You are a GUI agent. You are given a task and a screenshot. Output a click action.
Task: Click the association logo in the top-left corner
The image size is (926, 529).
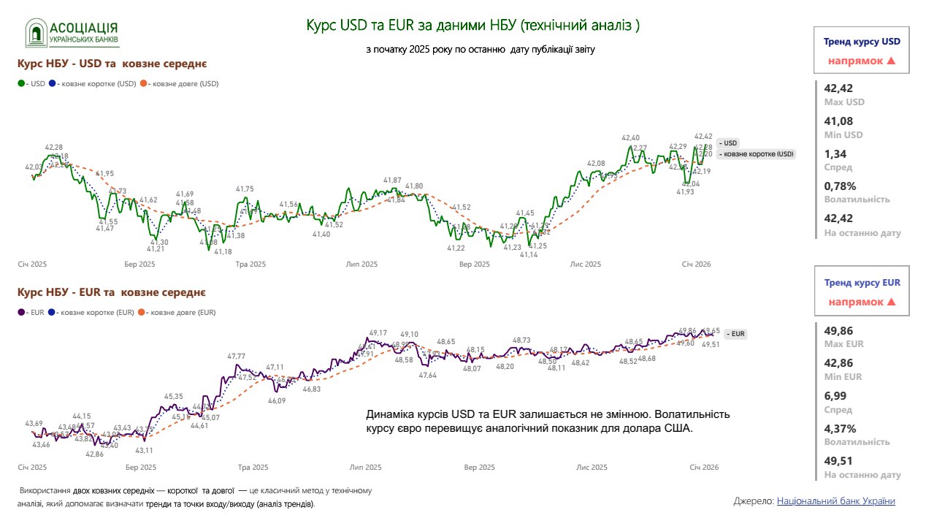point(72,33)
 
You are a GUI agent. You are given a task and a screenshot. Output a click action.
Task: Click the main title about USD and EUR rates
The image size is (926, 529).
point(472,26)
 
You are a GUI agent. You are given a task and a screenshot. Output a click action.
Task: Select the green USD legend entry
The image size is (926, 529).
point(30,83)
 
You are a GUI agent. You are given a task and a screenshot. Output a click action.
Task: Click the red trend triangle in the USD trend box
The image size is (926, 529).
point(890,61)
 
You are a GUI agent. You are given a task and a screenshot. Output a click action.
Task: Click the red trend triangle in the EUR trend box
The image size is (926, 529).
point(890,301)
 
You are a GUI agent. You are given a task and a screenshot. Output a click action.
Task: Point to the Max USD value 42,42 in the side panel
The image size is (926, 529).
point(838,89)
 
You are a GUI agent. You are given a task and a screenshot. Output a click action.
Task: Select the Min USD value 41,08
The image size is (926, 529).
point(838,121)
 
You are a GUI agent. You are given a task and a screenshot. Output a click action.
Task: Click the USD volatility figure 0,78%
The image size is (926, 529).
point(840,186)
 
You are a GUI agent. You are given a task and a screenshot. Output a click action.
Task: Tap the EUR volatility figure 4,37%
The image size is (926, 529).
point(840,428)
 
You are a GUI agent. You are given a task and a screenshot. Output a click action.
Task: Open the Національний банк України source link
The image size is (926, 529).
point(835,501)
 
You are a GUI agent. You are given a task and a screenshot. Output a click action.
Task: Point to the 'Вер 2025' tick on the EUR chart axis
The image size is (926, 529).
point(475,467)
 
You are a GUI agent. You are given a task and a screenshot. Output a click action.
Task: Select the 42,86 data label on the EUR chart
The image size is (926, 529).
point(95,454)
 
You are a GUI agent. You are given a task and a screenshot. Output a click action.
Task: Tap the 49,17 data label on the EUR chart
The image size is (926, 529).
point(378,332)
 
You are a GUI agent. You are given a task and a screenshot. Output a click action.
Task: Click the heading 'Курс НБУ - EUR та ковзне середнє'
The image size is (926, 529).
point(111,292)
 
